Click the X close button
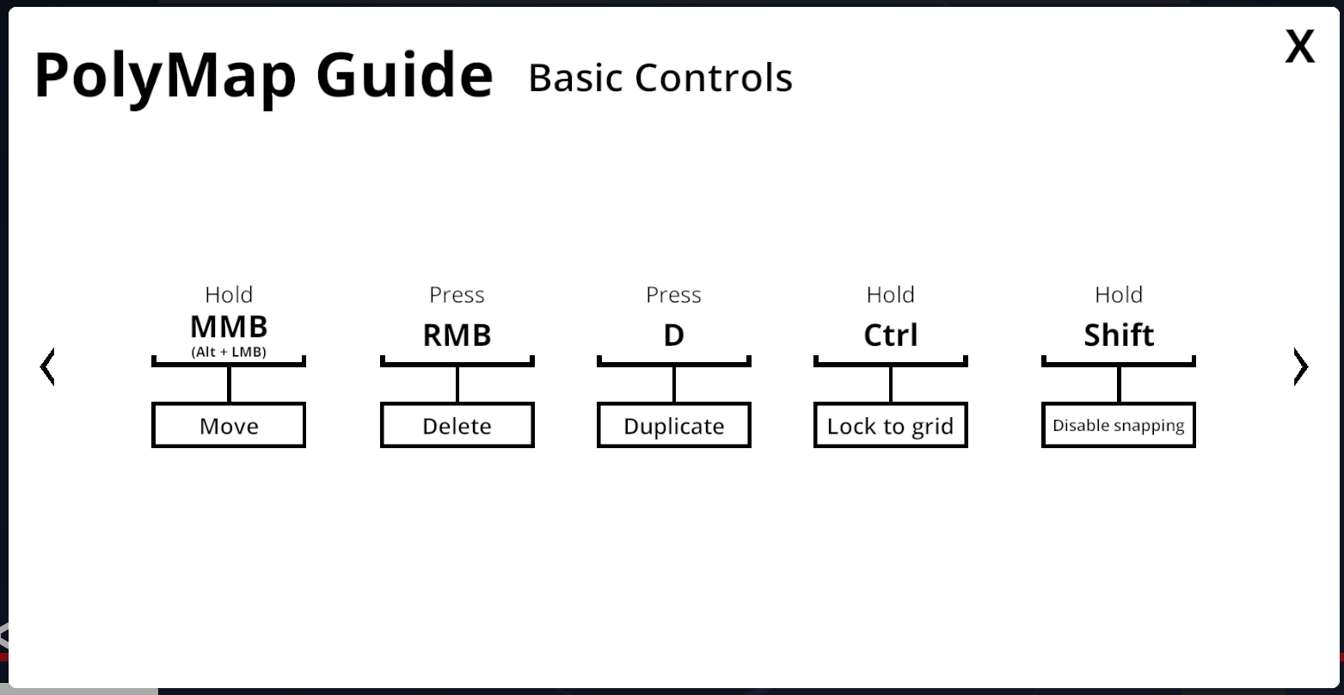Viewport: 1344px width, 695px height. pos(1299,46)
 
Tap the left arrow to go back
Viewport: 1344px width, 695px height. pos(47,366)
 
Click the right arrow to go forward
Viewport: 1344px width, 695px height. pos(1300,366)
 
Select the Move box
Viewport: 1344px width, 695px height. pos(229,425)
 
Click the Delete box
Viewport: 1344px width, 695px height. pos(457,425)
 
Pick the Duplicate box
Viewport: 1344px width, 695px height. pos(674,425)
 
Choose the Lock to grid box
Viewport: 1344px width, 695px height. pos(890,425)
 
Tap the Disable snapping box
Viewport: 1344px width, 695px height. pos(1119,425)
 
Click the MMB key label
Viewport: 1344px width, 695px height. pos(229,327)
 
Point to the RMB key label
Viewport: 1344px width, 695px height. pos(457,335)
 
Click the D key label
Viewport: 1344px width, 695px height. pos(674,335)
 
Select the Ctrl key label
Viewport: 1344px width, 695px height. pos(890,335)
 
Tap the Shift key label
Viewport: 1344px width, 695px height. pos(1119,335)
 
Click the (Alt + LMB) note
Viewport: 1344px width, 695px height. pos(229,352)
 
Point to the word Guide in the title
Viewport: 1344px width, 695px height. pos(404,75)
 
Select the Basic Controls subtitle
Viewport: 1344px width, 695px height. pos(660,77)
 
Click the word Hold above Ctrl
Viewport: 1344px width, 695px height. pos(890,295)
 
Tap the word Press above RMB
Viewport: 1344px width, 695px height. pos(457,295)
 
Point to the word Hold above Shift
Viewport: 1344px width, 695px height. pos(1119,295)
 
